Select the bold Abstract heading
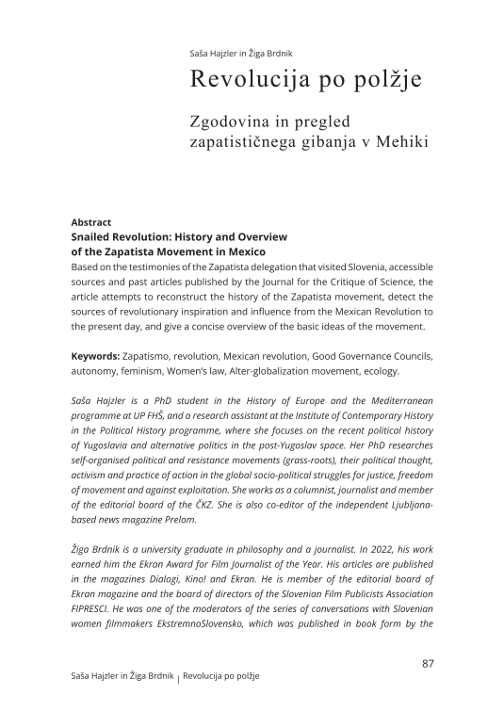tap(91, 223)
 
